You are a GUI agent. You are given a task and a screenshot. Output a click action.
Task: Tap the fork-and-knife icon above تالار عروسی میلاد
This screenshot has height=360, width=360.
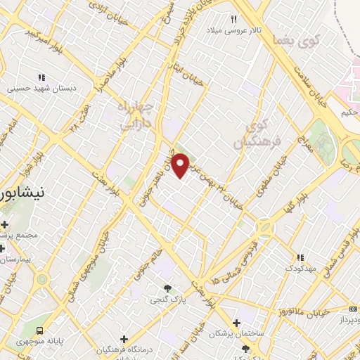click(x=234, y=20)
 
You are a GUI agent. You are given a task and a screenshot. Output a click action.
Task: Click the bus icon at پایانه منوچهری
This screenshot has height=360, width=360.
click(x=40, y=329)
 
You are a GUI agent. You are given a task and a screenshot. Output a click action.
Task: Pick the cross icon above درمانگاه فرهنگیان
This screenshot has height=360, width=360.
click(x=124, y=339)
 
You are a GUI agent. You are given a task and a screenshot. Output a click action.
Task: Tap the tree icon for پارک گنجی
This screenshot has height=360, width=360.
click(x=167, y=288)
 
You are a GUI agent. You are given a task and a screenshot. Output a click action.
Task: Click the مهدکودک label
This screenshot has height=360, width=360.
click(x=300, y=269)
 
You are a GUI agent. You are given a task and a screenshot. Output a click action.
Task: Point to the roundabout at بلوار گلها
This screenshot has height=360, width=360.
click(x=265, y=227)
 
